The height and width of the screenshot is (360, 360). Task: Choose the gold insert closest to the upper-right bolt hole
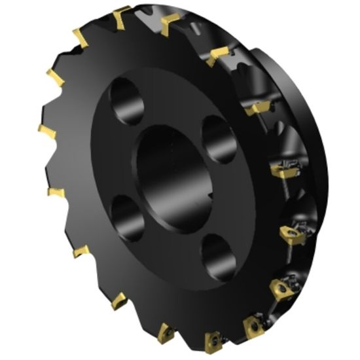255,109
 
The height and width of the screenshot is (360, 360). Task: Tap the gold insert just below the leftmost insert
56,192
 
